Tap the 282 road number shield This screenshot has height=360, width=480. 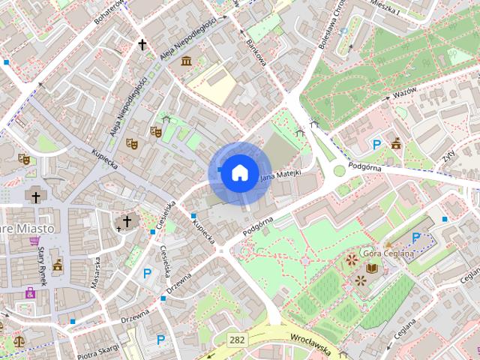pos(238,340)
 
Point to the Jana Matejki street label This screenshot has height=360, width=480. pos(280,176)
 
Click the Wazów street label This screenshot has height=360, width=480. pos(403,97)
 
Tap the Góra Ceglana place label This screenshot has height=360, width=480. pos(388,253)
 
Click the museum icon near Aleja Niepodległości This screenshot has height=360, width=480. pos(185,60)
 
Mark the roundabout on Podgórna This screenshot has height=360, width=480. pos(340,170)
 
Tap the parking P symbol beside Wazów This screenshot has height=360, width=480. pos(377,144)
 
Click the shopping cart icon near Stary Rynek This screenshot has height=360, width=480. pos(34,241)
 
